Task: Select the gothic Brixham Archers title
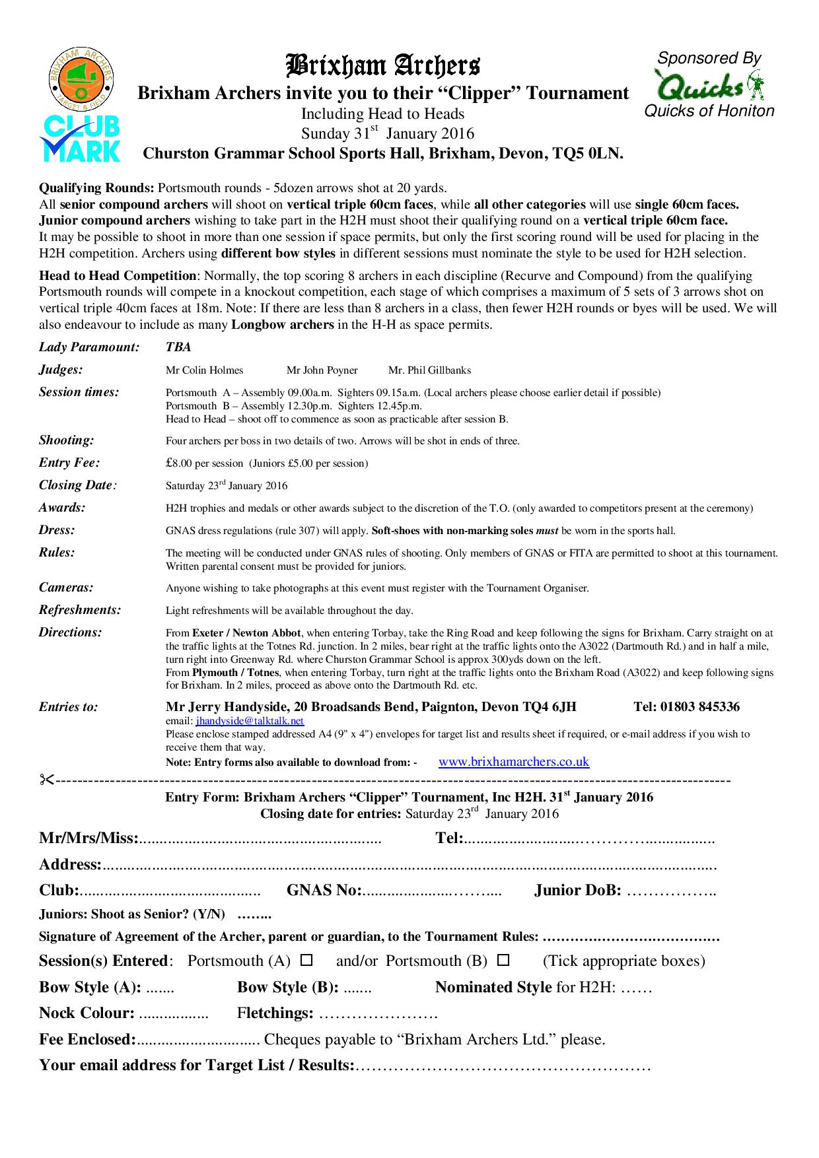click(x=382, y=66)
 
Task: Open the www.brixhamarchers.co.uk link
click(x=513, y=761)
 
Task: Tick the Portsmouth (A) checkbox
click(x=306, y=959)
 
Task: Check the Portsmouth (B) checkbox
click(x=503, y=959)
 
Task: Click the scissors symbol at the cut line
click(x=46, y=780)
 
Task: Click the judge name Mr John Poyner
click(x=322, y=370)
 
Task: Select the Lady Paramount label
click(x=89, y=347)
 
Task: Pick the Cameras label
click(x=66, y=587)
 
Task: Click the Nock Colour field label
click(x=87, y=1013)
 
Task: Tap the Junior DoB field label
click(x=577, y=891)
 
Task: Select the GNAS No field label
click(x=324, y=891)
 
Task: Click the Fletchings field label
click(x=275, y=1013)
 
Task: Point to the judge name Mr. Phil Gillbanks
click(x=429, y=370)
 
